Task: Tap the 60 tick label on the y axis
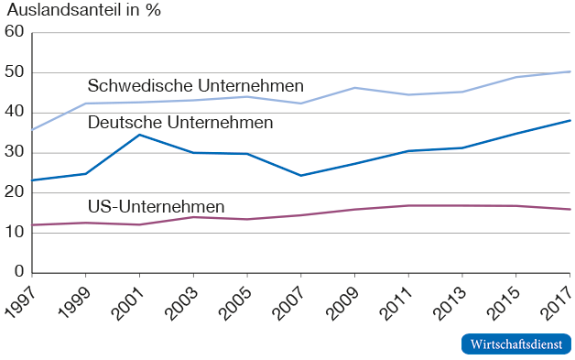point(14,32)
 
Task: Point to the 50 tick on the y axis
point(14,72)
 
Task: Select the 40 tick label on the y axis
point(14,113)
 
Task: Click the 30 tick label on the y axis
point(14,152)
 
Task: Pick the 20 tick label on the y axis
point(14,192)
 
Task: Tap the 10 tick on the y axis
point(14,233)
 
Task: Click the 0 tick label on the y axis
point(18,272)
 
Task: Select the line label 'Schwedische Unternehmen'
point(195,85)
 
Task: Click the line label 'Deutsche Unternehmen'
point(179,122)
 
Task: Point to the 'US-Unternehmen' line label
point(156,206)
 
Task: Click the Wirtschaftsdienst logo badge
point(515,344)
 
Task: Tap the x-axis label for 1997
point(19,300)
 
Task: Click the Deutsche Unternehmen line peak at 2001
point(139,135)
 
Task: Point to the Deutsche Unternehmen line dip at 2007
point(301,175)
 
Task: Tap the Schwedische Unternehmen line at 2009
point(355,88)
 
